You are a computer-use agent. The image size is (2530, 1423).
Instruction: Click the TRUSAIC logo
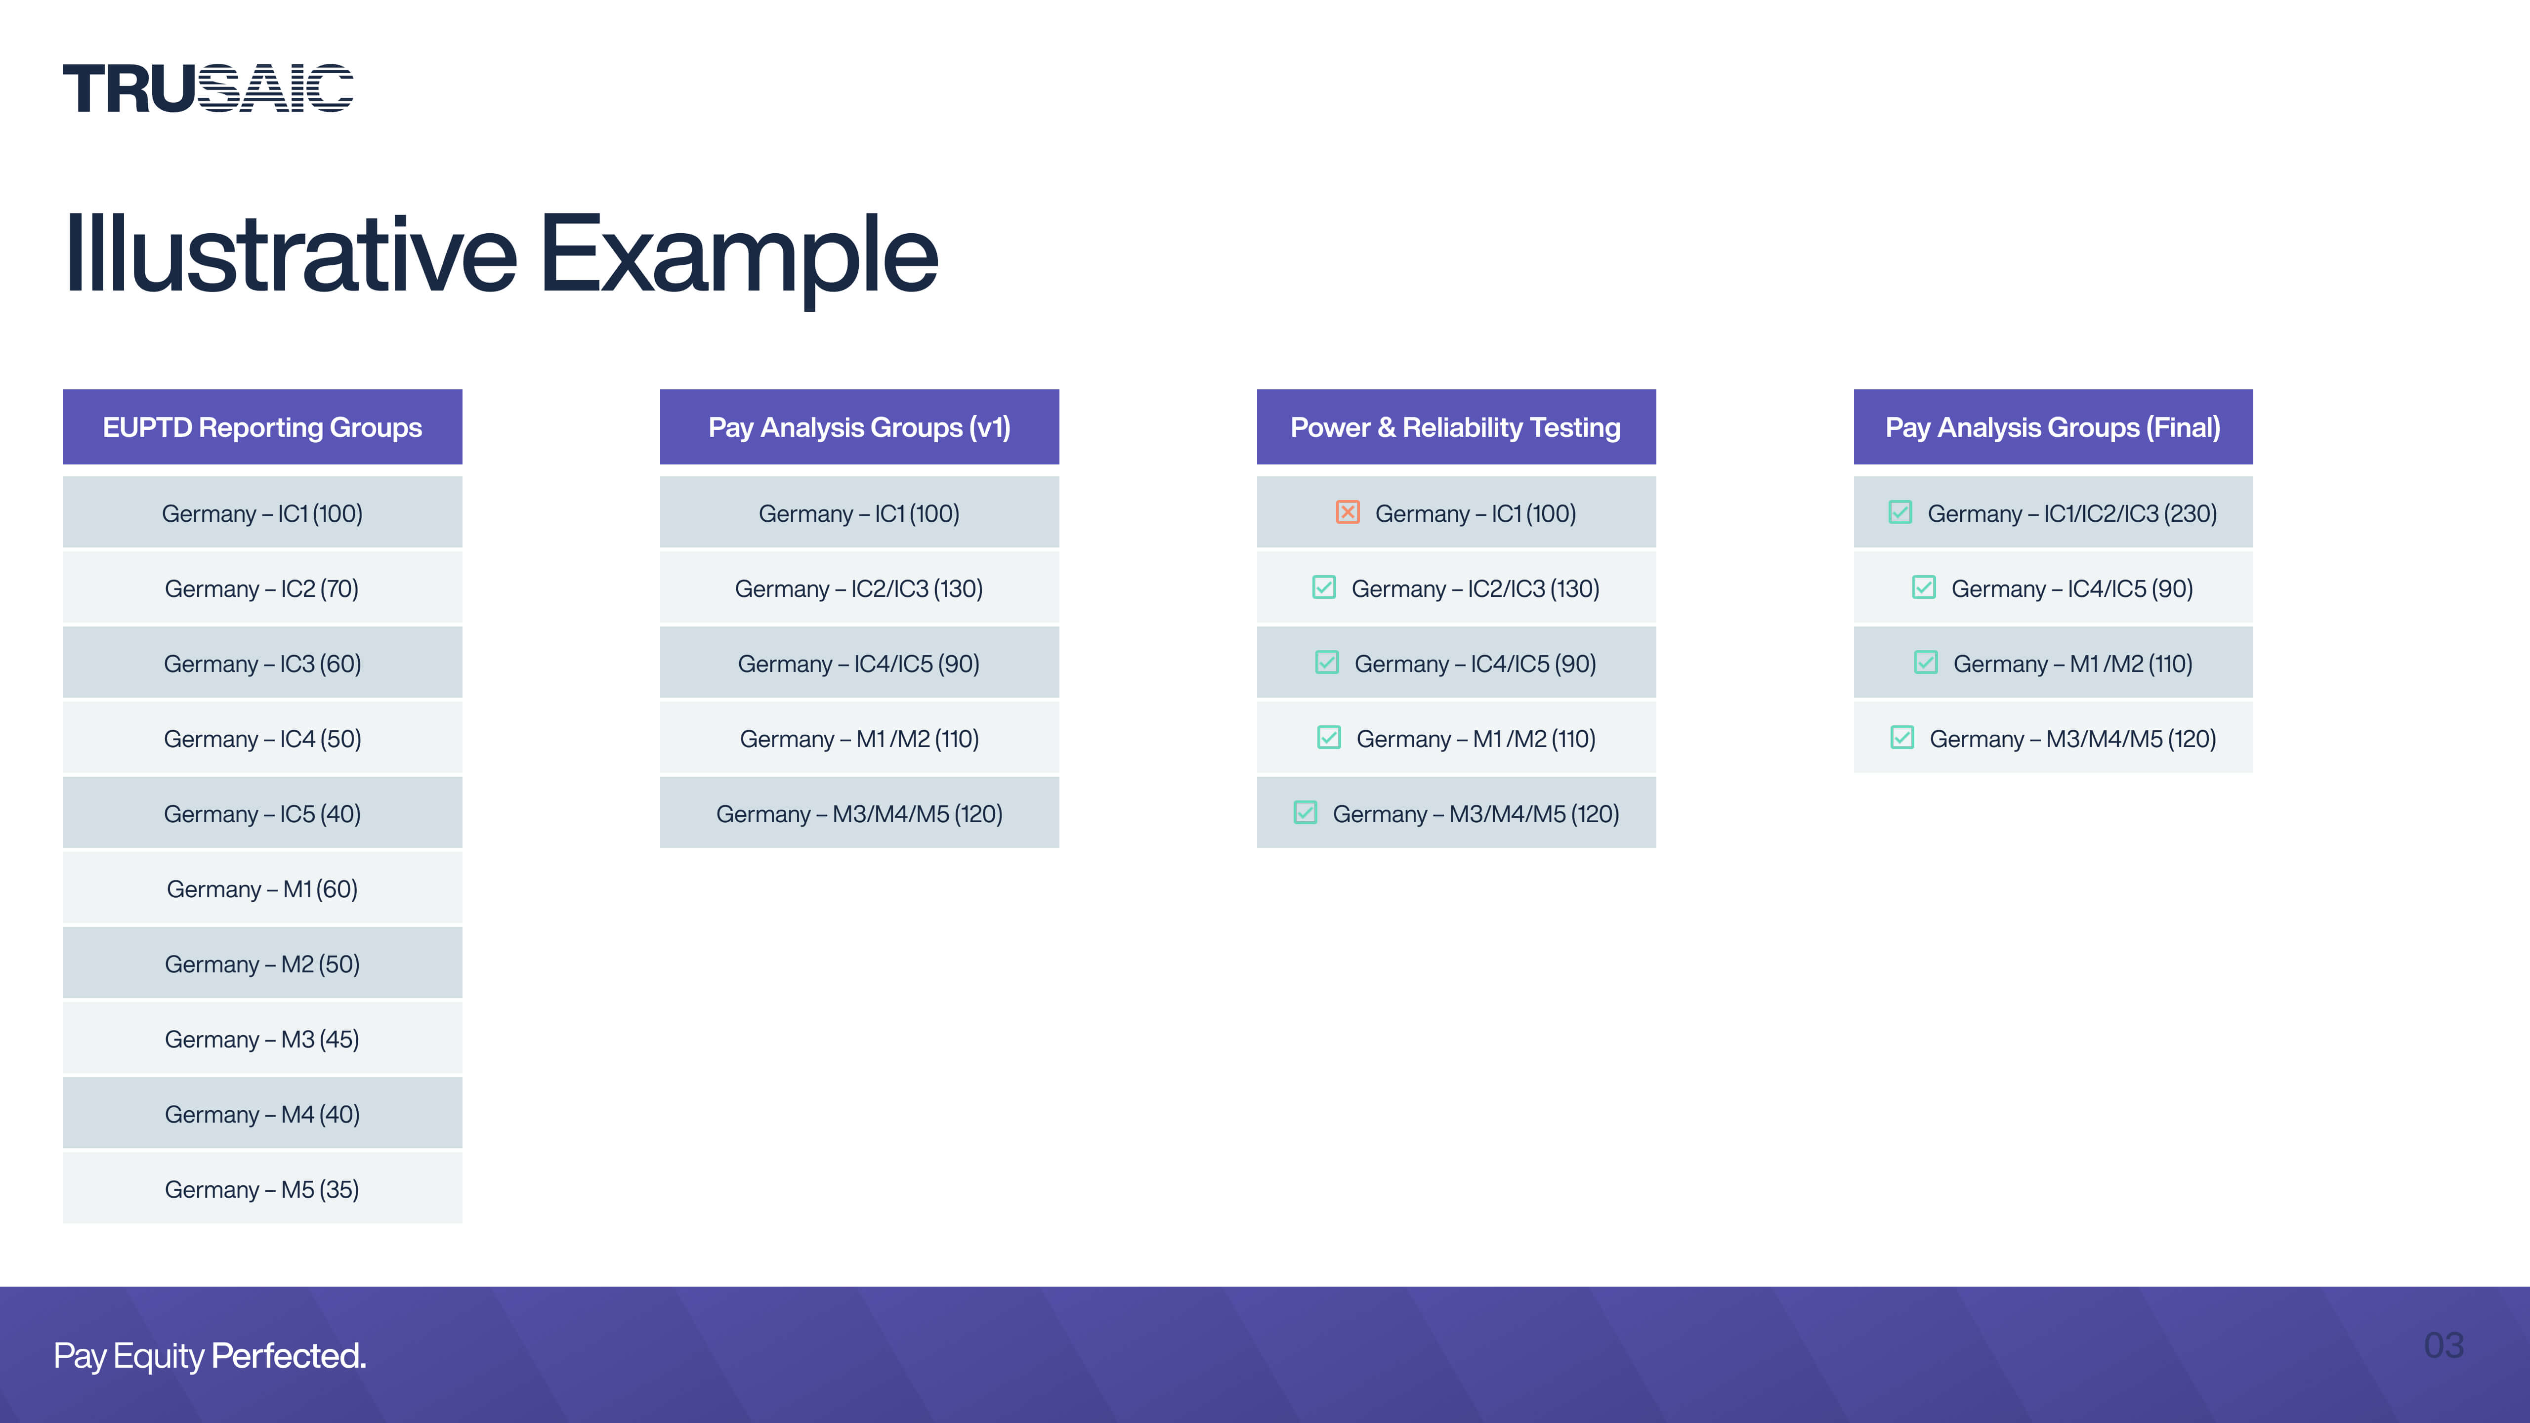tap(208, 88)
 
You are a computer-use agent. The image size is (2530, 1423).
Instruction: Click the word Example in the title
tap(739, 255)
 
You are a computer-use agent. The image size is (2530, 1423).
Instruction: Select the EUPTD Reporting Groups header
tap(262, 427)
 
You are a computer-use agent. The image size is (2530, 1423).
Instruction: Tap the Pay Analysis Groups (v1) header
tap(859, 427)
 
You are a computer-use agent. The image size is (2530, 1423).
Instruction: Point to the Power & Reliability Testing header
tap(1456, 427)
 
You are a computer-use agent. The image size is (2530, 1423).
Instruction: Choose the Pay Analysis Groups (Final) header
tap(2053, 427)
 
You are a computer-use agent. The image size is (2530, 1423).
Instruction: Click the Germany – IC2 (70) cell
tap(262, 588)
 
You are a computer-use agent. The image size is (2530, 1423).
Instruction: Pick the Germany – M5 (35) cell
tap(262, 1189)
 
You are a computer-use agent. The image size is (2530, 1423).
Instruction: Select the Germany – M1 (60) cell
tap(262, 889)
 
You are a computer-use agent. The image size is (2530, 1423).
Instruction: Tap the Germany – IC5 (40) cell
tap(262, 814)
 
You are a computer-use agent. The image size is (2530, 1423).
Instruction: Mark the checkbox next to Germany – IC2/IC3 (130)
tap(1324, 587)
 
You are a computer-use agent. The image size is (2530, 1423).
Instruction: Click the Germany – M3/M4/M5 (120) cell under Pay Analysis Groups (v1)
tap(859, 814)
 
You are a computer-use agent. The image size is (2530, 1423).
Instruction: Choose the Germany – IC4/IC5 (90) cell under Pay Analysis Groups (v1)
tap(859, 664)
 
